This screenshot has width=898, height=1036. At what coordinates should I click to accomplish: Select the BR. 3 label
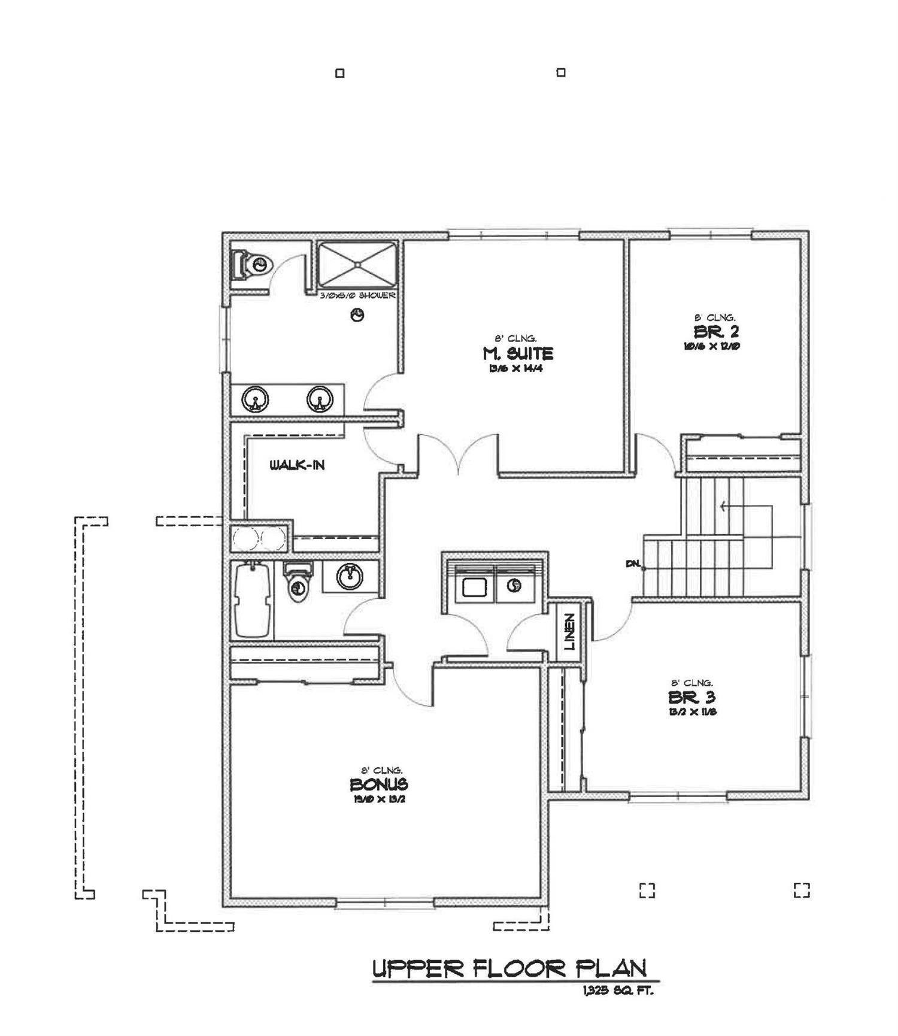[691, 697]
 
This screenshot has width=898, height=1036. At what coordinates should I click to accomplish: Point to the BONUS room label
[379, 784]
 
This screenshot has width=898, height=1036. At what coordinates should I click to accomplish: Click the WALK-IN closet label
[297, 465]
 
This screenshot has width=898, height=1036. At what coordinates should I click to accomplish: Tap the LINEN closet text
[569, 631]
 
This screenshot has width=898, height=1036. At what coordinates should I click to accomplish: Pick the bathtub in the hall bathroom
[252, 600]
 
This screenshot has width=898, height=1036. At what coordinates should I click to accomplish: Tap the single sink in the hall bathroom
[349, 577]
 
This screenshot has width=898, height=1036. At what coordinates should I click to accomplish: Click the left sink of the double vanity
[255, 399]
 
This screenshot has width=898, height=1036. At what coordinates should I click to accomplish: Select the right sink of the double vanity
[320, 399]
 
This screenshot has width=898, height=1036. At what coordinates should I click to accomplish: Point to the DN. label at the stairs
[633, 564]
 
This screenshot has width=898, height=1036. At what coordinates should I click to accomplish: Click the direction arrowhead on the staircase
[723, 507]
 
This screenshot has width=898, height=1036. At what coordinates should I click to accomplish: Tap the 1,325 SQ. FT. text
[617, 992]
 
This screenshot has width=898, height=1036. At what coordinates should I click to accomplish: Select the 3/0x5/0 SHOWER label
[357, 296]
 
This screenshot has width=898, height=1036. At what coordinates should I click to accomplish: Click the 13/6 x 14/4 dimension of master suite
[515, 369]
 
